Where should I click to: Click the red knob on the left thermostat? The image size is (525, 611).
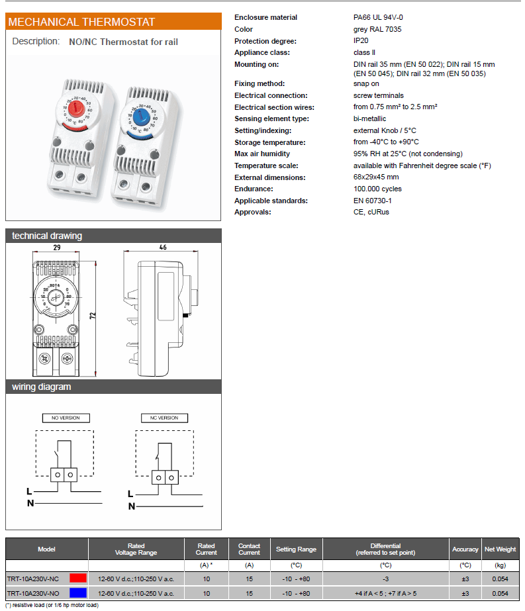click(x=77, y=107)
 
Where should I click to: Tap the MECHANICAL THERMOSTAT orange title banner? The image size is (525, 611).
click(x=113, y=22)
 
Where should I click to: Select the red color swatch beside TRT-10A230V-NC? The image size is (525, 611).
click(x=78, y=579)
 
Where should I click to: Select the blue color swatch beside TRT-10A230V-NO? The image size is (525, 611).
click(x=78, y=593)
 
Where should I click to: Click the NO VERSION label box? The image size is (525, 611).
click(x=66, y=418)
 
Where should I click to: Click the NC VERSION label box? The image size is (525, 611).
click(x=164, y=418)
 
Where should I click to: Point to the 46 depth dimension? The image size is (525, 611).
click(x=163, y=248)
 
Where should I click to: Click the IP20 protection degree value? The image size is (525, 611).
click(x=360, y=40)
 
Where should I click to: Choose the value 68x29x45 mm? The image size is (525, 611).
click(x=376, y=177)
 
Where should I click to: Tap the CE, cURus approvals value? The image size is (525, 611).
click(x=371, y=212)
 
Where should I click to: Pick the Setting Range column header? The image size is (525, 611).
click(x=296, y=549)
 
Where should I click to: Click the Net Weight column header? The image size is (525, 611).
click(x=500, y=549)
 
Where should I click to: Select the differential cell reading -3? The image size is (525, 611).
click(x=385, y=579)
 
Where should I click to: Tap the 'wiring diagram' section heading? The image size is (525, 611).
click(x=42, y=387)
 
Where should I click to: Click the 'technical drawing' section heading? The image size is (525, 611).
click(x=47, y=236)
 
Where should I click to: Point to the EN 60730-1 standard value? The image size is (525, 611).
click(x=372, y=201)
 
